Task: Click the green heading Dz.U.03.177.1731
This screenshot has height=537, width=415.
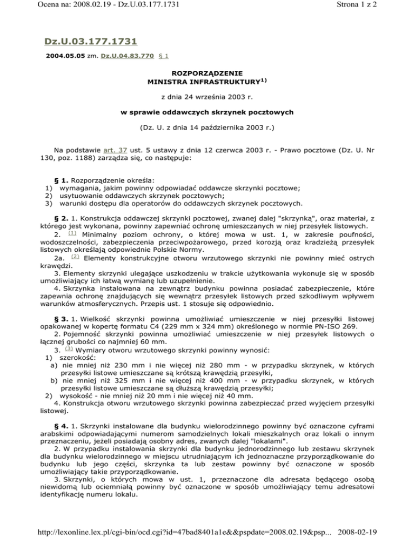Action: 91,41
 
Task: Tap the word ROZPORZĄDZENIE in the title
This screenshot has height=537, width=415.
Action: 207,72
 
